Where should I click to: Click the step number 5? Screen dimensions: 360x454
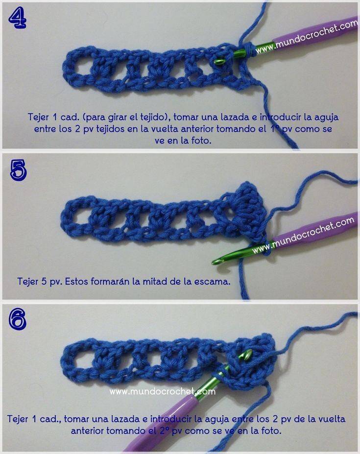(18, 170)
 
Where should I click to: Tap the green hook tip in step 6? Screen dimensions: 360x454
(248, 353)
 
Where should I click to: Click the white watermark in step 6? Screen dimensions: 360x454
(163, 392)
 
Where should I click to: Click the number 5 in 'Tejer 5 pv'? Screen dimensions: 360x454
(44, 281)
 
